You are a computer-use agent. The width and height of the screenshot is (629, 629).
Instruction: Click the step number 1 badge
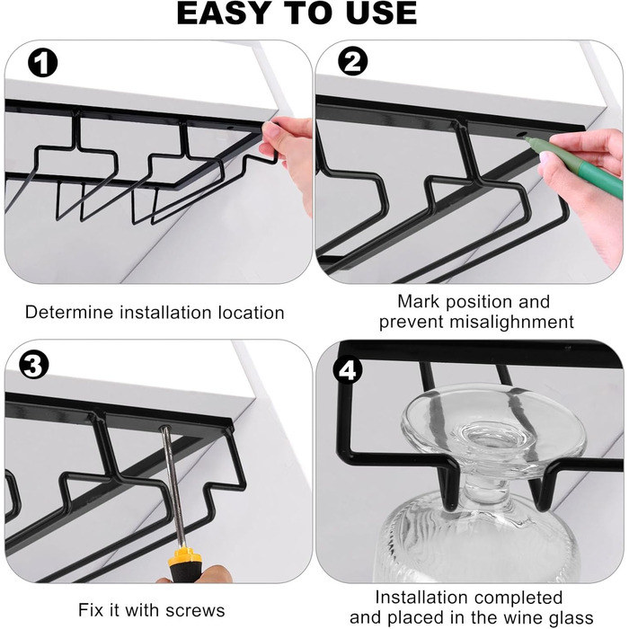click(x=42, y=64)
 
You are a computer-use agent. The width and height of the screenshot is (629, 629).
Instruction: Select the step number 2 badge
click(x=352, y=61)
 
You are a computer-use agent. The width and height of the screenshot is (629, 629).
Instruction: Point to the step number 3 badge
click(x=34, y=366)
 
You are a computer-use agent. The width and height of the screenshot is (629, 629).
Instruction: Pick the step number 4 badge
click(x=348, y=370)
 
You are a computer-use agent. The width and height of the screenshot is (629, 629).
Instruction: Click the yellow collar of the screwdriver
click(x=184, y=556)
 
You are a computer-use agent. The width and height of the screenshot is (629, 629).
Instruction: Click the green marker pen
click(x=573, y=164)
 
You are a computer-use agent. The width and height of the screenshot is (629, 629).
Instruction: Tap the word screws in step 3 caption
click(x=195, y=610)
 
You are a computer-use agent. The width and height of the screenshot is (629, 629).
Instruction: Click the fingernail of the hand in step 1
click(x=271, y=129)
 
